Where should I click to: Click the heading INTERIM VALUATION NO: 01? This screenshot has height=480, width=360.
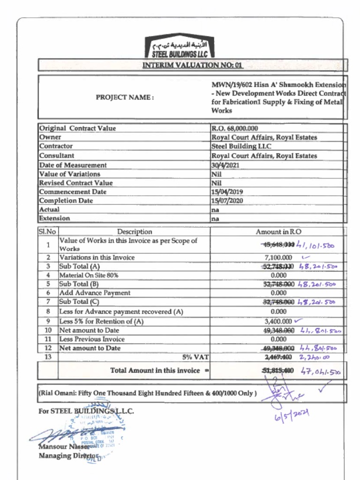point(192,65)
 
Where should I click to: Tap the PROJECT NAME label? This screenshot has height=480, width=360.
point(125,97)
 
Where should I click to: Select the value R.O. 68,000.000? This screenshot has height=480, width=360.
point(235,128)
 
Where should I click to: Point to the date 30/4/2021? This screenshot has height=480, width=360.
point(225,165)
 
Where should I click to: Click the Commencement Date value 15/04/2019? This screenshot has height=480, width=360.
point(227,192)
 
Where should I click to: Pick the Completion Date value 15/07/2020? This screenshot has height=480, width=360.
point(227,201)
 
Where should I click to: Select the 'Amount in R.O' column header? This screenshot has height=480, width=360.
point(278,232)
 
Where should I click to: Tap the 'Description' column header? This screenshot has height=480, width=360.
point(135,232)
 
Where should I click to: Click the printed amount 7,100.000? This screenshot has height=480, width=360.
point(278,257)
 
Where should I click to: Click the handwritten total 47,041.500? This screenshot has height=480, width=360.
point(321,373)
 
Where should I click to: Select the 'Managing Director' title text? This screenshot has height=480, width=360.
point(68,456)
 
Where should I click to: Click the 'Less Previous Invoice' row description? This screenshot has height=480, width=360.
point(92,339)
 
